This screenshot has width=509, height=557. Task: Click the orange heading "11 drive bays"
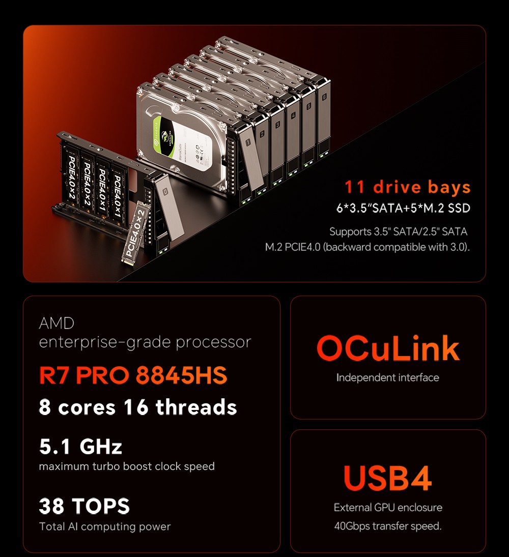pyautogui.click(x=407, y=187)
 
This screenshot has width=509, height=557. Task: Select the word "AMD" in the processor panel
pyautogui.click(x=56, y=323)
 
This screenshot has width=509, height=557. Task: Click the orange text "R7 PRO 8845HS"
pyautogui.click(x=133, y=375)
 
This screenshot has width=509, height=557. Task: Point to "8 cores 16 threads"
pyautogui.click(x=138, y=407)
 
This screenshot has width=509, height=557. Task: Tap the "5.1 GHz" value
pyautogui.click(x=80, y=447)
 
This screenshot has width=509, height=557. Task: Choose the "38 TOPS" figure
pyautogui.click(x=84, y=506)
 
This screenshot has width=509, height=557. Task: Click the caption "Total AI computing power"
pyautogui.click(x=105, y=526)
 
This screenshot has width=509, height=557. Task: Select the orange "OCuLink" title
pyautogui.click(x=388, y=349)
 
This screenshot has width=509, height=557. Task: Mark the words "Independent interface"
pyautogui.click(x=387, y=377)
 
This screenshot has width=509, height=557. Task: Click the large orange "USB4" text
pyautogui.click(x=387, y=478)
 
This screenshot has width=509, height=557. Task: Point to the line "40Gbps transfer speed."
pyautogui.click(x=387, y=526)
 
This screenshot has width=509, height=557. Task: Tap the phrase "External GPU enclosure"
pyautogui.click(x=388, y=508)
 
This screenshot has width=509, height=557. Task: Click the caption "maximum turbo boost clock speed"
pyautogui.click(x=127, y=466)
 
